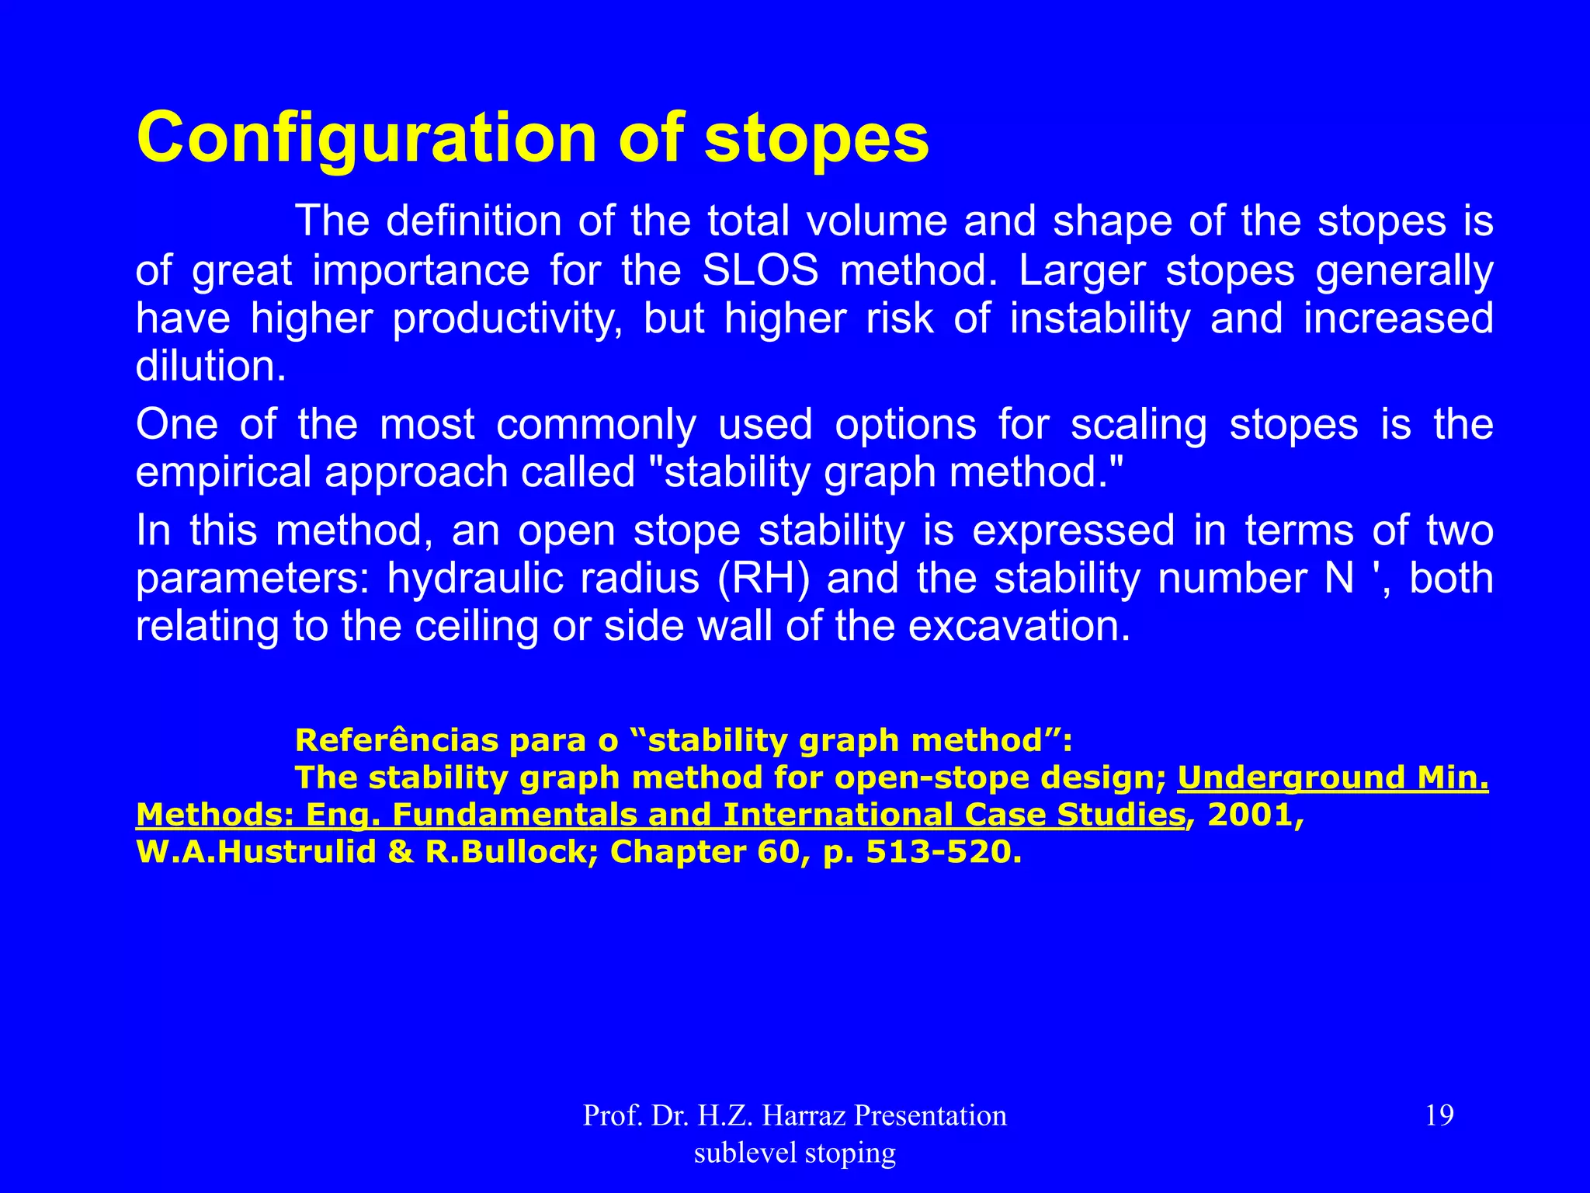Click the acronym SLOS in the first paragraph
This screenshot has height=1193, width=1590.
click(x=760, y=271)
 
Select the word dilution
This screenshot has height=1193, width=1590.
click(x=210, y=367)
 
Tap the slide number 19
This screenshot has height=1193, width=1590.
click(x=1439, y=1115)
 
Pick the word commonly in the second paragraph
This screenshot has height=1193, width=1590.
click(x=595, y=425)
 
